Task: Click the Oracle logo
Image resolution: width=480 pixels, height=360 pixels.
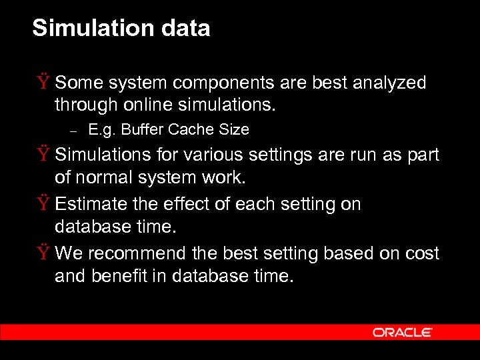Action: coord(403,332)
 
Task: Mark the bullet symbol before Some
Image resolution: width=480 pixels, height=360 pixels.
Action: coord(43,83)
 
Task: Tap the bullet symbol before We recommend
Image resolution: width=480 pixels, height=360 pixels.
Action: coord(43,254)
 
